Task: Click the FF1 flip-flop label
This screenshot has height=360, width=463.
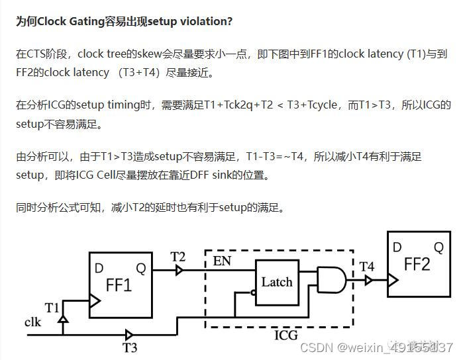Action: (x=119, y=286)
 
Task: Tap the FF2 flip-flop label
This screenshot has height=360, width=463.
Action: (x=417, y=265)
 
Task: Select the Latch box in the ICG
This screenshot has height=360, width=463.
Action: (x=277, y=282)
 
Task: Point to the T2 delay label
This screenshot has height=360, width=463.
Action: (x=178, y=257)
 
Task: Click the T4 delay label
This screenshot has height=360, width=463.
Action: (x=367, y=267)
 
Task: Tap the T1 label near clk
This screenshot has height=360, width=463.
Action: (x=52, y=308)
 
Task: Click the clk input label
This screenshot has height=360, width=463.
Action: (x=33, y=322)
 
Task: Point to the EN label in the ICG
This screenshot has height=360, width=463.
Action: (x=222, y=261)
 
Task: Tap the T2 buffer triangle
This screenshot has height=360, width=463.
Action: (x=179, y=270)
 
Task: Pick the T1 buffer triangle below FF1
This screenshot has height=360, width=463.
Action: (x=63, y=320)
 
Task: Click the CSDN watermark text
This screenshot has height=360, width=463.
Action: (x=315, y=347)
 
